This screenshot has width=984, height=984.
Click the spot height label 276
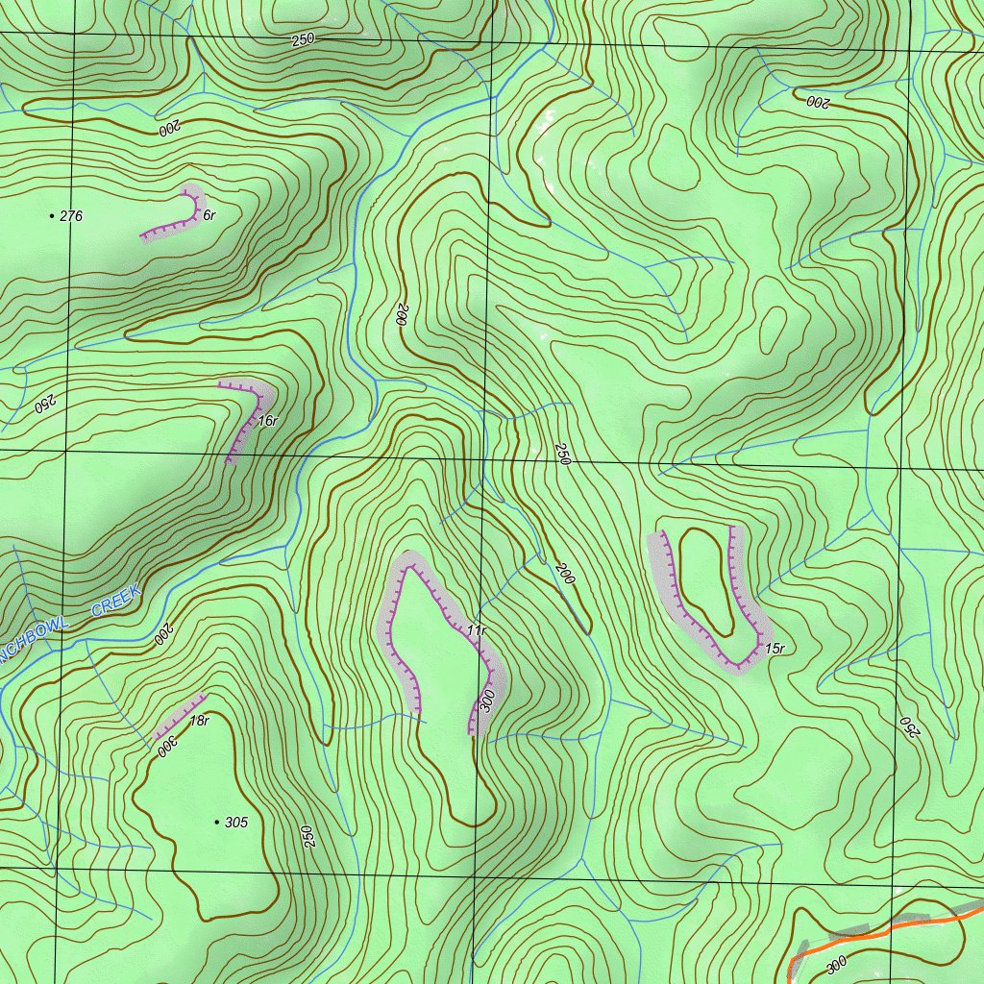tap(71, 216)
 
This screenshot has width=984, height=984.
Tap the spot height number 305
tap(235, 823)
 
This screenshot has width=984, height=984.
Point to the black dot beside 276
tap(51, 216)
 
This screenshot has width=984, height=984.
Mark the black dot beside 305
tap(215, 823)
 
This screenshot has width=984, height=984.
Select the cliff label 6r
tap(209, 215)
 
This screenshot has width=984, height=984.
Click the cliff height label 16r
tap(267, 421)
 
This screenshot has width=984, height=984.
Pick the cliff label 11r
tap(477, 630)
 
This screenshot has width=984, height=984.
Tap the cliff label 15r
tap(775, 650)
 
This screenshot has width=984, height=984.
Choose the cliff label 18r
tap(199, 721)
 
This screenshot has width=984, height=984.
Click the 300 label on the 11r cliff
tap(487, 701)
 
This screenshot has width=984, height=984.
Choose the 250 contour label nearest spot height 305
tap(308, 836)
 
